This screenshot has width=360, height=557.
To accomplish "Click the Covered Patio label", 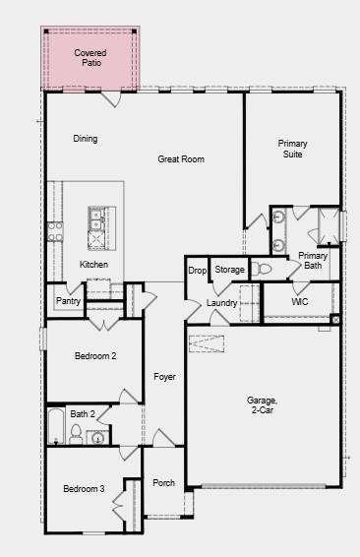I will pyautogui.click(x=90, y=57).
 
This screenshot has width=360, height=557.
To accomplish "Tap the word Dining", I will pyautogui.click(x=86, y=139).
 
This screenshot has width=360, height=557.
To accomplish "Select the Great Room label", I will pyautogui.click(x=181, y=158).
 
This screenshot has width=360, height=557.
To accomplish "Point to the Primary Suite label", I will pyautogui.click(x=292, y=149).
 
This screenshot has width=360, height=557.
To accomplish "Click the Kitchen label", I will pyautogui.click(x=93, y=265).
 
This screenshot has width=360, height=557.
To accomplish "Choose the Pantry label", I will pyautogui.click(x=68, y=301).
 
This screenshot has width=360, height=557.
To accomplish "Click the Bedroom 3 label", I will pyautogui.click(x=84, y=489).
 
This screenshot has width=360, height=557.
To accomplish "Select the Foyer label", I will pyautogui.click(x=163, y=376).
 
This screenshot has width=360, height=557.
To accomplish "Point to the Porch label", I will pyautogui.click(x=163, y=482).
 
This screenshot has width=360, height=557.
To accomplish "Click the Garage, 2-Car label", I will pyautogui.click(x=262, y=404).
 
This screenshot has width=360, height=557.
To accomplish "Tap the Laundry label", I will pyautogui.click(x=221, y=302).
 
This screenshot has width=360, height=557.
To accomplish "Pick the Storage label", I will pyautogui.click(x=229, y=270).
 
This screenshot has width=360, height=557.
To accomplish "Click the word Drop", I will pyautogui.click(x=197, y=270).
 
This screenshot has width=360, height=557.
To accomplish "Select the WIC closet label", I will pyautogui.click(x=300, y=301).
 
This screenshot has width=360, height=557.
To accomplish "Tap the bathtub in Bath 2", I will pyautogui.click(x=56, y=428).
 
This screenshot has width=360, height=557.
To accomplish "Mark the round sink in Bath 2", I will pyautogui.click(x=98, y=438).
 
